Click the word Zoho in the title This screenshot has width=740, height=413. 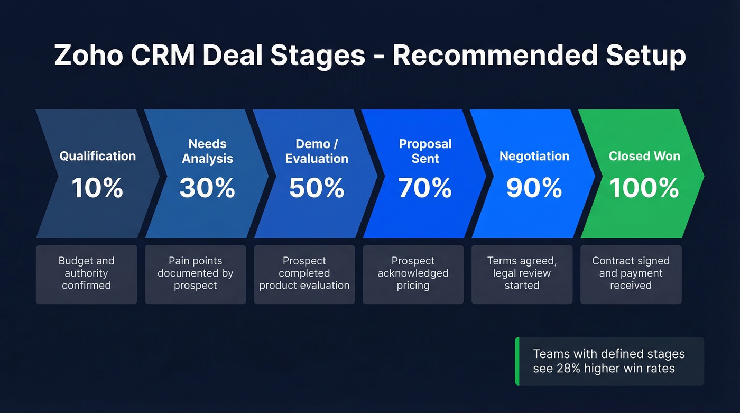coord(89,55)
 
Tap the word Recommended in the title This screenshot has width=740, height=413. coord(495,55)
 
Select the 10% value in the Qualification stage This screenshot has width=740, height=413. coord(97,188)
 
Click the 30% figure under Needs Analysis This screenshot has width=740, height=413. coord(207,188)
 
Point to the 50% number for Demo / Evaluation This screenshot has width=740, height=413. coord(317,188)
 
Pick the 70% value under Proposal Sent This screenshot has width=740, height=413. coord(425,188)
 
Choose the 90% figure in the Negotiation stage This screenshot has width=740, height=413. coord(534,188)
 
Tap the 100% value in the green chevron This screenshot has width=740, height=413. coord(644,188)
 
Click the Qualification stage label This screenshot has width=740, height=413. coord(97,156)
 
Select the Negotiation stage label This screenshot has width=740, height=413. coord(534,156)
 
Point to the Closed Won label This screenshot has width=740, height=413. coord(644,156)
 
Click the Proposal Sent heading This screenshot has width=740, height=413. coord(425,151)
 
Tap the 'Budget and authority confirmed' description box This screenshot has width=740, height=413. coord(87,274)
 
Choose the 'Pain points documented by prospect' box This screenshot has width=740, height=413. coord(196,274)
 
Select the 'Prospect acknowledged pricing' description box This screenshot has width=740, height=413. coord(413,274)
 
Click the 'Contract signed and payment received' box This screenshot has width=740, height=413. coord(631,274)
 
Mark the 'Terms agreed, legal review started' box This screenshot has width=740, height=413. coord(522,274)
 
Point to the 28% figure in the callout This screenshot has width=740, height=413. coord(568,369)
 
